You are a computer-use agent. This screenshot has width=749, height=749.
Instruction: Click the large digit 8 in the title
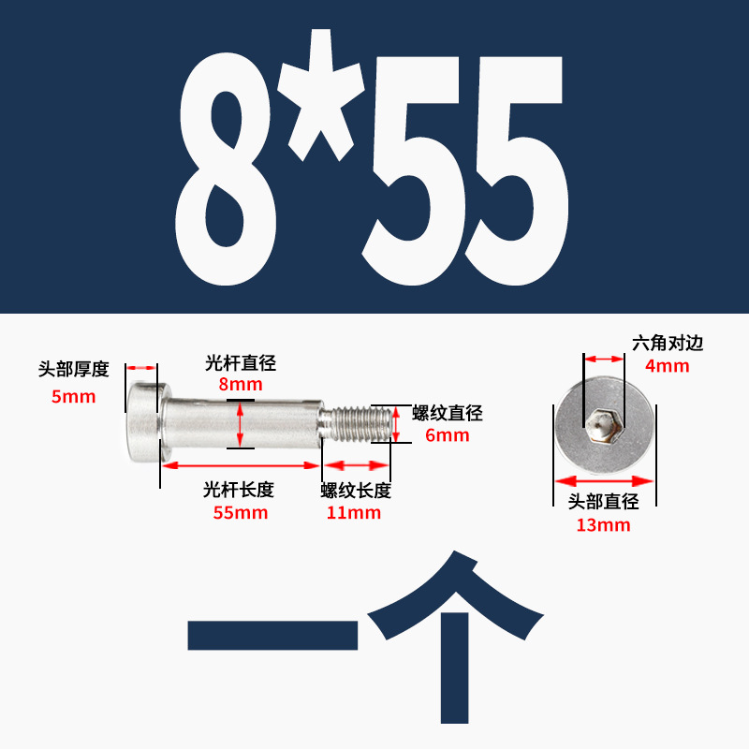pos(226,167)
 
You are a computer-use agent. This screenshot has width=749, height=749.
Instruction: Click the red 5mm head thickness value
pos(73,397)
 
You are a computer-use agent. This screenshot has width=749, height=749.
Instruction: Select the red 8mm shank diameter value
pos(241,384)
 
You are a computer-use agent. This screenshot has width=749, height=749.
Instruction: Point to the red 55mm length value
pos(241,512)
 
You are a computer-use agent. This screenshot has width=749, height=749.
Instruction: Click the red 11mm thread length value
pos(354,512)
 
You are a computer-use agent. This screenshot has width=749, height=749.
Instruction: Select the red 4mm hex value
pos(668,366)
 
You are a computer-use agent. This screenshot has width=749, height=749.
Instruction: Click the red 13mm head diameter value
pos(604,525)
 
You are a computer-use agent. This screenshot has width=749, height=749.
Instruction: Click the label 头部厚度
pos(73,369)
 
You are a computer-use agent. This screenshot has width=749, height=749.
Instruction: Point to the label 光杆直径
pos(241,362)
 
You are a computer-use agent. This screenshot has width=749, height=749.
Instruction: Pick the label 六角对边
pos(668,343)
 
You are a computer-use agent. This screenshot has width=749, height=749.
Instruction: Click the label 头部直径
pos(604,502)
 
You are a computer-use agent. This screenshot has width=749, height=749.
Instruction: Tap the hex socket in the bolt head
pos(604,426)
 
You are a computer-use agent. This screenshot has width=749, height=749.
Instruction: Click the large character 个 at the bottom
pos(455,637)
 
